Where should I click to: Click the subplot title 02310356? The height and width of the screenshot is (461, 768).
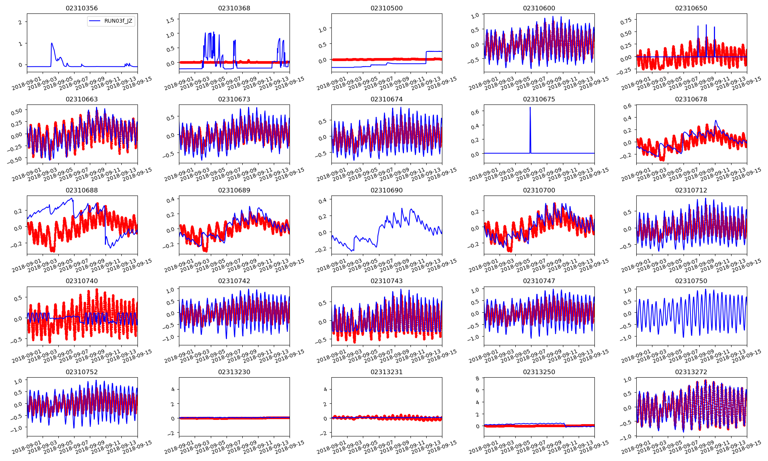pos(82,8)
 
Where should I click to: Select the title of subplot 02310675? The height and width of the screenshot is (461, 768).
pos(539,99)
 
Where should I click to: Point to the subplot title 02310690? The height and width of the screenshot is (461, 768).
pos(386,190)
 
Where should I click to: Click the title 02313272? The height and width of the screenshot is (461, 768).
pos(691,372)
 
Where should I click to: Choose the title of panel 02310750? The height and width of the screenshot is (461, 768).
pos(691,281)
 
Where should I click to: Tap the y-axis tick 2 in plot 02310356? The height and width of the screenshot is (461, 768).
pos(20,22)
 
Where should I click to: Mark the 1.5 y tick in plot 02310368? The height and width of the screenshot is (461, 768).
pos(170,20)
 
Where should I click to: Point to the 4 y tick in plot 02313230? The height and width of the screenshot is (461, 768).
pos(173,389)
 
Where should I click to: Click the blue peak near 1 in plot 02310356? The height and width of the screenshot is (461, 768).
pos(52,43)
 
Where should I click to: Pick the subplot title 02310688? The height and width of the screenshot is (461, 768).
pos(82,190)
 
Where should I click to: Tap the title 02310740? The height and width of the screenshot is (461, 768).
pos(82,281)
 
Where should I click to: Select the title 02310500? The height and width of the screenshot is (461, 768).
pos(386,8)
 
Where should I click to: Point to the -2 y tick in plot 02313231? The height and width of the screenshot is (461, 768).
pos(323,433)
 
